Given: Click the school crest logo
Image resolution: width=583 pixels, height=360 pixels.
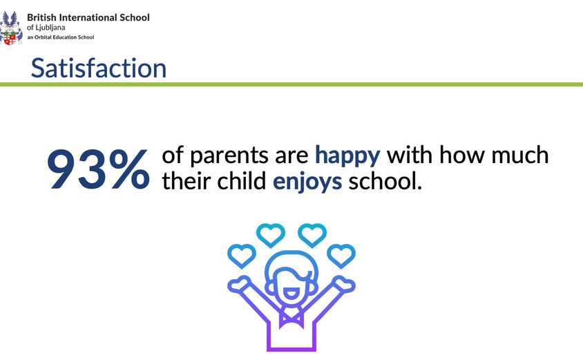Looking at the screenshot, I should click(11, 28).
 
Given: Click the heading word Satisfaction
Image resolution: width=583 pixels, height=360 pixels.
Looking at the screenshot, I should click(99, 68).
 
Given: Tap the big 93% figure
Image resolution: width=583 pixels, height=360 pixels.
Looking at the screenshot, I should click(99, 169).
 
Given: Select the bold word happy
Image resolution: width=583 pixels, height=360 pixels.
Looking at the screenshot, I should click(347, 155).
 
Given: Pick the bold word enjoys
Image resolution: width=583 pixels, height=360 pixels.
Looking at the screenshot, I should click(307, 182).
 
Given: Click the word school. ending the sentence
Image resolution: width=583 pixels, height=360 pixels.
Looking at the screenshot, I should click(385, 182).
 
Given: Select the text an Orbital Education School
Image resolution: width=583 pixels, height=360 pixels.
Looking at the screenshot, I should click(61, 37).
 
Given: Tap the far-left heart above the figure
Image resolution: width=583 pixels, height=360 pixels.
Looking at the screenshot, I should click(242, 256).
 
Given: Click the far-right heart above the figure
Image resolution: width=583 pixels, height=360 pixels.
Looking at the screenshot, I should click(341, 256).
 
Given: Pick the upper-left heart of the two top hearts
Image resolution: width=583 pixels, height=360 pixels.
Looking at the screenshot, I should click(270, 235).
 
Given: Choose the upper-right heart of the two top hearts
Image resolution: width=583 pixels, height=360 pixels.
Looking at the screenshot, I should click(312, 235).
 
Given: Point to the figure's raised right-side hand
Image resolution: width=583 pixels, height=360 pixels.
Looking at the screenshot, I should click(344, 284).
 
